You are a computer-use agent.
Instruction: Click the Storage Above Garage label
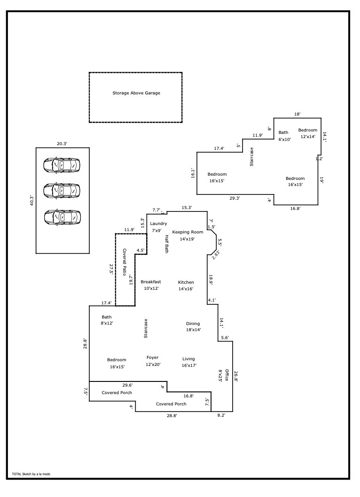pos(136,93)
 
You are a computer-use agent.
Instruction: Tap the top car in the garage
pos(62,165)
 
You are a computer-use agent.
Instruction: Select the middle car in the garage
pos(62,190)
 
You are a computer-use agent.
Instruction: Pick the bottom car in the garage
pos(62,217)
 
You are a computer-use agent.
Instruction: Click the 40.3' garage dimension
pos(31,201)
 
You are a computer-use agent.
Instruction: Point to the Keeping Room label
pos(188,232)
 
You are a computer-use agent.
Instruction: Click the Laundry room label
pos(158,224)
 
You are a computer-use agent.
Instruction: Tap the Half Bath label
pos(166,244)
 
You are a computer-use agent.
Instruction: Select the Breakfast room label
pos(151,282)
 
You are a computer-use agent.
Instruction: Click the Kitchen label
pos(186,282)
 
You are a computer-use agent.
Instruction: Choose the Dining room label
pos(193,324)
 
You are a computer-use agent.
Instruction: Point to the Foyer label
pos(153,357)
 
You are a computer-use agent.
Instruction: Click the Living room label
pos(188,359)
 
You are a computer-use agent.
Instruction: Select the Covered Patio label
pos(125,261)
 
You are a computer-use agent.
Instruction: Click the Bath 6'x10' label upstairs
pos(283,132)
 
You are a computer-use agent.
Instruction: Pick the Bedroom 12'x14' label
pos(308,130)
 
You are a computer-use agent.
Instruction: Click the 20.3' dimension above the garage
pos(62,144)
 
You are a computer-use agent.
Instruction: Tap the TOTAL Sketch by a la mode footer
pos(31,474)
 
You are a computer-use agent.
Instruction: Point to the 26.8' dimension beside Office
pos(236,377)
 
